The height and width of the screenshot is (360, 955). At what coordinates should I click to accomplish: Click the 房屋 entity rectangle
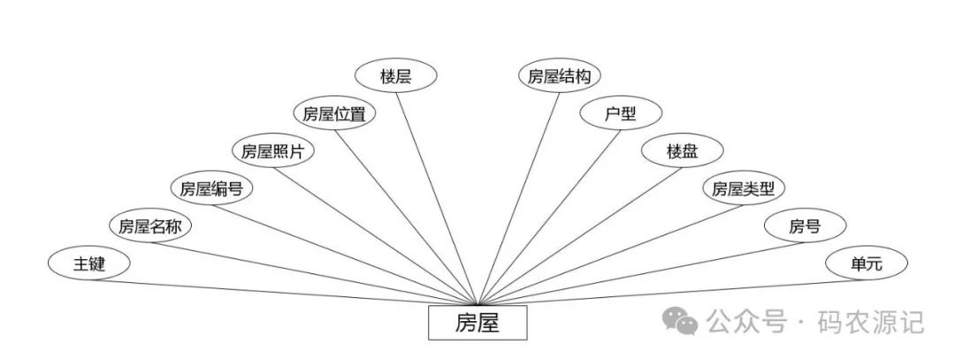click(x=477, y=323)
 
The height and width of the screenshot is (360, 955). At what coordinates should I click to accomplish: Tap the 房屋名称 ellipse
click(x=150, y=226)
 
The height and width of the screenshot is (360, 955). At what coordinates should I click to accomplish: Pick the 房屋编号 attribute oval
click(x=212, y=188)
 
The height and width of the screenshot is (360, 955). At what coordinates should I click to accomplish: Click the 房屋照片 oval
click(x=273, y=150)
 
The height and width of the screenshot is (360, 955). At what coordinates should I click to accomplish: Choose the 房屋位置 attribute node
click(x=334, y=113)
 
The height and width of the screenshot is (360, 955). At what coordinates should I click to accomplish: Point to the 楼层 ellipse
click(x=395, y=76)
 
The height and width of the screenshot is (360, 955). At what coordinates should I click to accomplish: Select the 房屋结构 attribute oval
click(x=560, y=76)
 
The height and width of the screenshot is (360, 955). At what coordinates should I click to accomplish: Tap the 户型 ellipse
click(x=621, y=113)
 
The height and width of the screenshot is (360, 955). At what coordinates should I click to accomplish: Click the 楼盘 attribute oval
click(x=683, y=150)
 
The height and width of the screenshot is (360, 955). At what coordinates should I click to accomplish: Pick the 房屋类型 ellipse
click(x=744, y=188)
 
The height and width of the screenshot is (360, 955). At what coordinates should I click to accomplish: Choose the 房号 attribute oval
click(x=805, y=226)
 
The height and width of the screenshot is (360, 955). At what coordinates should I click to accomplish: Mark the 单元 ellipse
click(x=866, y=263)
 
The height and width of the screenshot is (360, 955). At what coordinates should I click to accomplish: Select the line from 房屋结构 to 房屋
click(x=519, y=195)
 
